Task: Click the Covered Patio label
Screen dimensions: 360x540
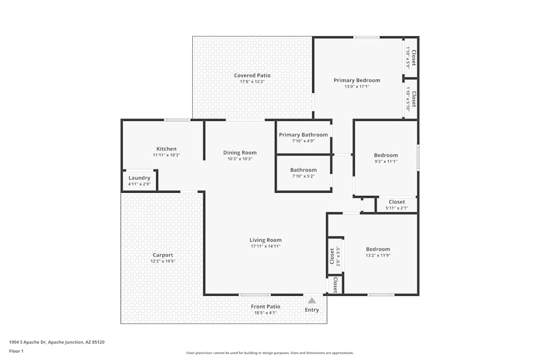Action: click(252, 76)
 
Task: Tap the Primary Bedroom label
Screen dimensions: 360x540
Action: click(356, 80)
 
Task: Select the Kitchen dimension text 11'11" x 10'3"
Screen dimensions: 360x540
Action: click(166, 155)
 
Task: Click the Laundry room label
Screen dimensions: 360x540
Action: click(139, 178)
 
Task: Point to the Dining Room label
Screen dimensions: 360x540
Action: click(240, 153)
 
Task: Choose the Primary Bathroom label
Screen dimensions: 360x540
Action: click(303, 135)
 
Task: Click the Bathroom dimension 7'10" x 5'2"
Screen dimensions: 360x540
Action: click(303, 176)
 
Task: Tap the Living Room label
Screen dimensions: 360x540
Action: click(265, 240)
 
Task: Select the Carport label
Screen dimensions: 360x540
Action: click(163, 255)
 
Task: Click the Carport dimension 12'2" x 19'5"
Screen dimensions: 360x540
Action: click(163, 261)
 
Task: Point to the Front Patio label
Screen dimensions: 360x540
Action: click(265, 307)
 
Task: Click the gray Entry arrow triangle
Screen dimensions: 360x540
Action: click(312, 301)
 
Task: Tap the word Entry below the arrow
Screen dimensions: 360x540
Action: click(312, 310)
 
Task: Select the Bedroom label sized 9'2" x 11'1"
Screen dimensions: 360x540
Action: click(386, 155)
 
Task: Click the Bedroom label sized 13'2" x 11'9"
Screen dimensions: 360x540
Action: click(377, 249)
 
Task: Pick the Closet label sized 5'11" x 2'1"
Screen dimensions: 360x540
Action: click(396, 202)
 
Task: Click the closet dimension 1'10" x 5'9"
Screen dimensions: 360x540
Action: click(408, 59)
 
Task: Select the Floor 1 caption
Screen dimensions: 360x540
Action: click(16, 351)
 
